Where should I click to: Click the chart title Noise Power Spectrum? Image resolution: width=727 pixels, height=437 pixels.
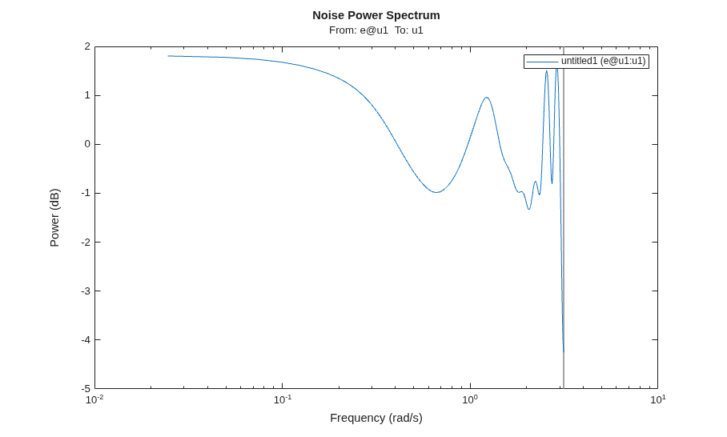click(376, 15)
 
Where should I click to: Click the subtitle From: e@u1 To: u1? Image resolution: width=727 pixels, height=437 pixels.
click(376, 30)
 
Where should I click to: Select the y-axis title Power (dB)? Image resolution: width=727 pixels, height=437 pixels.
click(54, 218)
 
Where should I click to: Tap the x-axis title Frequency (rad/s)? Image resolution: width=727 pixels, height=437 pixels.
click(376, 418)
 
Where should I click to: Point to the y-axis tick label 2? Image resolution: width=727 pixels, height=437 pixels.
click(87, 46)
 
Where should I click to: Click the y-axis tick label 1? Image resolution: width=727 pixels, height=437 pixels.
click(87, 95)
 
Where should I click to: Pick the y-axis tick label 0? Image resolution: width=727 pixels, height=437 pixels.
click(87, 144)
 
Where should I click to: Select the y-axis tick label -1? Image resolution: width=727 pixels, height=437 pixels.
click(86, 193)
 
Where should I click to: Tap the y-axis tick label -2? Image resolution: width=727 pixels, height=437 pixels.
click(86, 242)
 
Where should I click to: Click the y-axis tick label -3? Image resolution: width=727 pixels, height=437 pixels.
click(86, 291)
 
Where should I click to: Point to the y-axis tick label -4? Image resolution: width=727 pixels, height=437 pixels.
click(86, 339)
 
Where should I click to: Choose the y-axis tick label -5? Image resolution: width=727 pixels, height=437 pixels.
click(86, 388)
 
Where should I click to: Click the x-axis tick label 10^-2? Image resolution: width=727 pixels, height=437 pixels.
click(94, 399)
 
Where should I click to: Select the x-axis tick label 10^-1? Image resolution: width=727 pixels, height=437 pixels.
click(283, 399)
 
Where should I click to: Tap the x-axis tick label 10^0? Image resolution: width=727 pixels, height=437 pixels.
click(470, 399)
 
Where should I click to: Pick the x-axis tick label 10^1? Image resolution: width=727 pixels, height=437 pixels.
click(657, 399)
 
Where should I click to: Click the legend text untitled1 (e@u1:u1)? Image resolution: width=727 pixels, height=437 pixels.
click(603, 61)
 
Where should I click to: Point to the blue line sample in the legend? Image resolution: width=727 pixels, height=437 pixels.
click(543, 62)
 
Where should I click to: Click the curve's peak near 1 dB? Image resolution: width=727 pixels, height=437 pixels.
click(486, 98)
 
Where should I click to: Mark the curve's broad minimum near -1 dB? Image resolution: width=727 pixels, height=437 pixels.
click(436, 192)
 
